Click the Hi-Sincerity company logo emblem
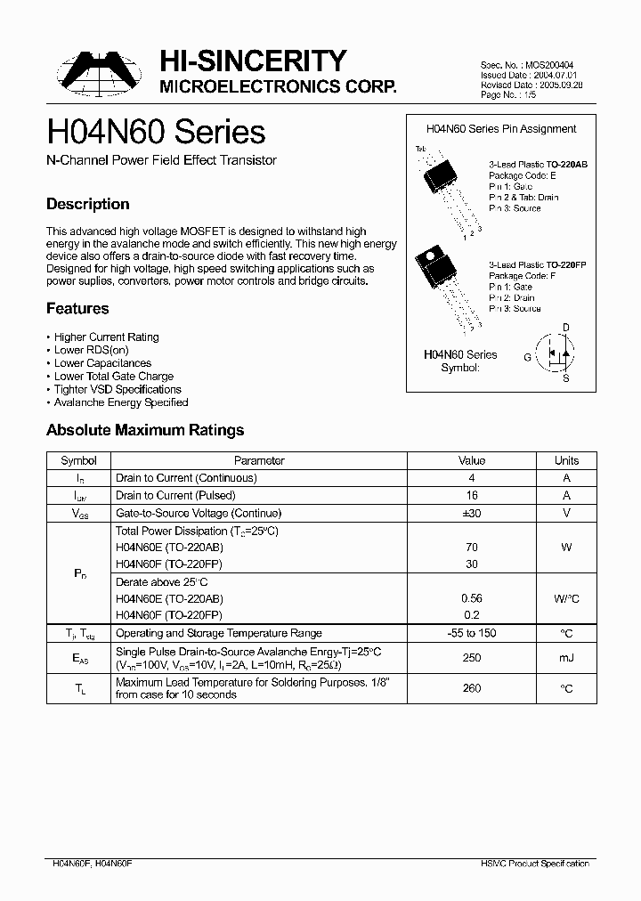click(x=96, y=72)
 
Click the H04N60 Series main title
click(x=156, y=133)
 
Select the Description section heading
click(x=88, y=204)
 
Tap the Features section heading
click(x=77, y=308)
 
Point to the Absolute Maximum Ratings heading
click(x=145, y=430)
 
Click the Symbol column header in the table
click(x=78, y=460)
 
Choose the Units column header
click(x=566, y=460)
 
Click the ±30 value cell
click(x=472, y=513)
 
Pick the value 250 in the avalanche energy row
click(x=472, y=658)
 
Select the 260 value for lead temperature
click(x=472, y=688)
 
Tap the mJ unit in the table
click(x=566, y=658)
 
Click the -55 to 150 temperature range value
click(x=472, y=633)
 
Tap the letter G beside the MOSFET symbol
click(x=527, y=357)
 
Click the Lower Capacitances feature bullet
click(x=102, y=363)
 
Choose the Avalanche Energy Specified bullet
click(x=121, y=402)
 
